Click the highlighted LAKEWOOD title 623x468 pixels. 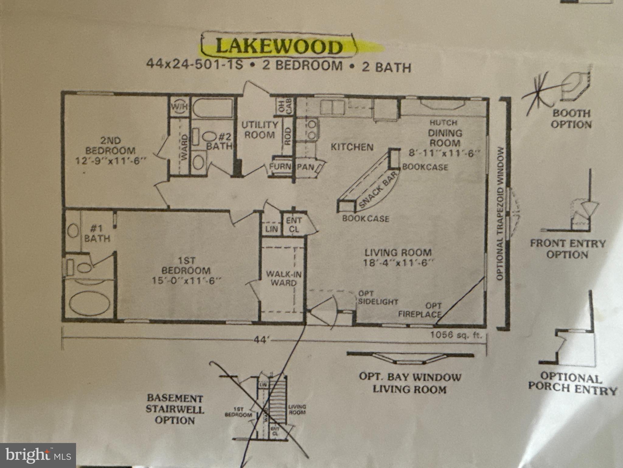[x=278, y=46]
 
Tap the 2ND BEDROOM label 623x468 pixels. [x=111, y=150]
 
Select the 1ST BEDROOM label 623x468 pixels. [x=186, y=271]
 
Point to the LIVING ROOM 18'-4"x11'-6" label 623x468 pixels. [x=398, y=257]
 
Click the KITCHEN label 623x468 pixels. [x=352, y=147]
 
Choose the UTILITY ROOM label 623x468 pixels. [x=260, y=129]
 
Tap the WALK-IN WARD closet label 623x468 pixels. [x=284, y=278]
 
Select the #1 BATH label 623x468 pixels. [x=97, y=233]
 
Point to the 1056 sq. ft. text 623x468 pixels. [x=456, y=335]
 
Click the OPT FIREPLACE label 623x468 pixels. [x=420, y=310]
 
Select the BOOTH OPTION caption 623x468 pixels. [x=571, y=119]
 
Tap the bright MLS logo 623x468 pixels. [x=38, y=456]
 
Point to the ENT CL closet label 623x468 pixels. [x=294, y=225]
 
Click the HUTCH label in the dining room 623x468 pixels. [x=443, y=123]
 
